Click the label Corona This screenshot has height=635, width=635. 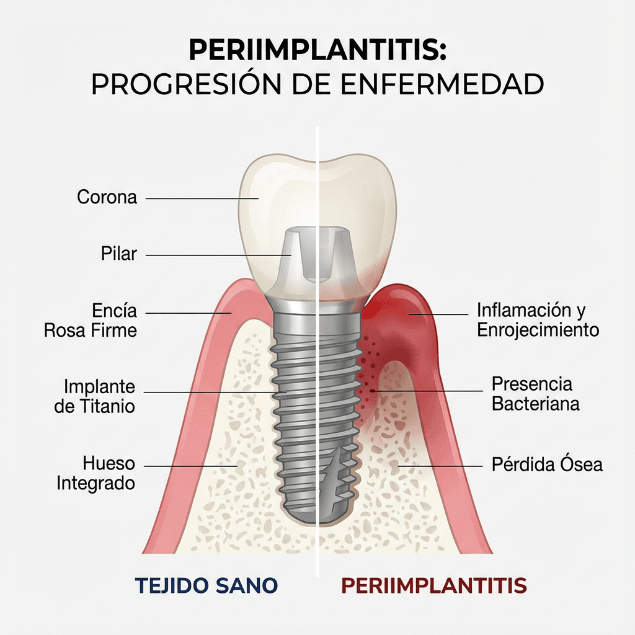[x=107, y=197]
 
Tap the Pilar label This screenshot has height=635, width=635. [x=119, y=254]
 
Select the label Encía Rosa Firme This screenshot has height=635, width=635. [x=91, y=321]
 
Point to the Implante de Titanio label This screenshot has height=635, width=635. [x=94, y=396]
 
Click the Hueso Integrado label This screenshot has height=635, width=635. [x=95, y=473]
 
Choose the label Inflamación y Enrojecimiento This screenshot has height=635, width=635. [x=538, y=320]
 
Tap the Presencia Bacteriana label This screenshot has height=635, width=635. [x=535, y=394]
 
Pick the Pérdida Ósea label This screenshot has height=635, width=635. [x=547, y=464]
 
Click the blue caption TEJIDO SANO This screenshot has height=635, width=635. [x=206, y=585]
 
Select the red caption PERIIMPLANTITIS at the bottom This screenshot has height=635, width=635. [x=433, y=585]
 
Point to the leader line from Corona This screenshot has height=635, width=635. [x=202, y=198]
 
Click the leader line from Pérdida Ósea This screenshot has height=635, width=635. [x=440, y=466]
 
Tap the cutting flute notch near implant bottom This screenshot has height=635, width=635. [x=333, y=473]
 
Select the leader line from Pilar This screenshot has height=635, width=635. [x=218, y=255]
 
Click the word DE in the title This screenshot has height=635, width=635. [x=310, y=84]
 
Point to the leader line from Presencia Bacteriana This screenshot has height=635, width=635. [x=427, y=391]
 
